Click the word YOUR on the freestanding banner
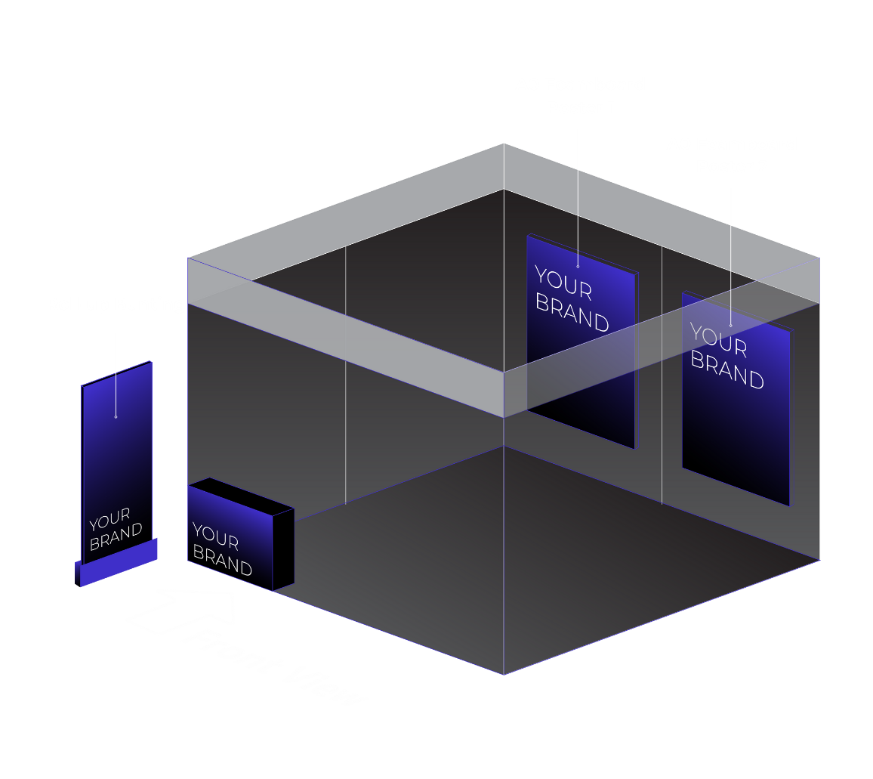click(x=110, y=519)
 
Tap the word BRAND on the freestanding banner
click(x=116, y=536)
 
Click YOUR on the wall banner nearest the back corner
click(x=563, y=283)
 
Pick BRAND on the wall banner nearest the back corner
click(x=572, y=312)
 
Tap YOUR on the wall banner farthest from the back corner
click(x=718, y=339)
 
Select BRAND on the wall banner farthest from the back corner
click(x=727, y=369)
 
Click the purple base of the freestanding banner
click(x=116, y=562)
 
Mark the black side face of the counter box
click(x=283, y=549)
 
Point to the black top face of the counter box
click(x=241, y=496)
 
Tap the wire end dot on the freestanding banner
click(x=116, y=417)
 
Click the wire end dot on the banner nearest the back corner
click(x=578, y=267)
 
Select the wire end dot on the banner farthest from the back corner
click(x=731, y=326)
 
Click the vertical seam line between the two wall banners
click(x=662, y=375)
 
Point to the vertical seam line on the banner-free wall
click(x=346, y=375)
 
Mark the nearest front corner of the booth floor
click(x=504, y=675)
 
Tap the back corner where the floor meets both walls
click(x=504, y=446)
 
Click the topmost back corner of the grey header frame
click(x=504, y=144)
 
